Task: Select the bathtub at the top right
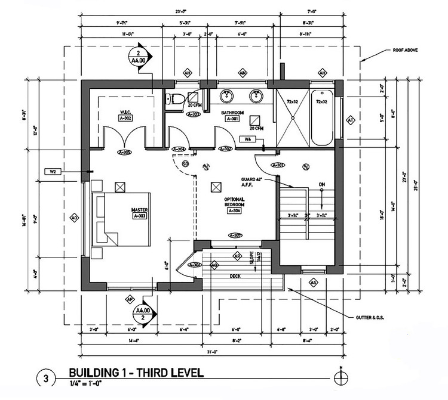coord(321,117)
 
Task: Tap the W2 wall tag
coord(53,172)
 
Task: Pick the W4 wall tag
coord(247,139)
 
